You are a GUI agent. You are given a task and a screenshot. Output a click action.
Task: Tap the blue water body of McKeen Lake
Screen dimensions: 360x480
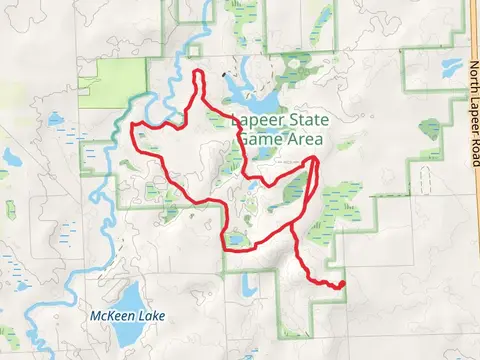pos(129,297)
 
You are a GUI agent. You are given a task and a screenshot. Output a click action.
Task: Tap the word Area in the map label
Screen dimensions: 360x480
pos(300,140)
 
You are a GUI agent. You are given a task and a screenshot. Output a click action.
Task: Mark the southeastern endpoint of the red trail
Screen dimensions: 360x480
pos(342,285)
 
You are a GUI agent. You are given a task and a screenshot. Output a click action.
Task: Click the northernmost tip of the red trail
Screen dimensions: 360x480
pos(198,73)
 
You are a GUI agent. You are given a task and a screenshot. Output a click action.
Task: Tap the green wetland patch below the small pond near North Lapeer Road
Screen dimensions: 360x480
pos(430,129)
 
